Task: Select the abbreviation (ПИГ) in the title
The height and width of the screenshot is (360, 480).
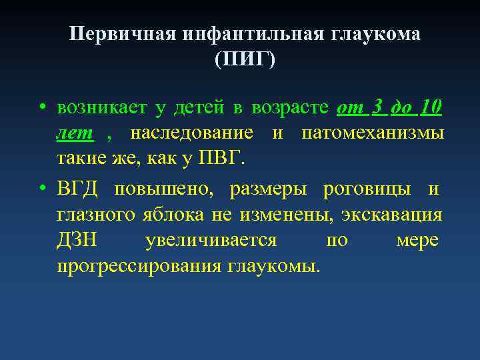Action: (245, 59)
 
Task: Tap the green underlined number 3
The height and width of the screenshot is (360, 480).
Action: (377, 107)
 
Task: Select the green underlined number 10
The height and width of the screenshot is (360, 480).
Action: (431, 107)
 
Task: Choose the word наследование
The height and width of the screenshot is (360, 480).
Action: (191, 133)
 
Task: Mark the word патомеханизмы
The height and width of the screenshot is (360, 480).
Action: (373, 133)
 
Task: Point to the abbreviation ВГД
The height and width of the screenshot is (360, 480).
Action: (77, 189)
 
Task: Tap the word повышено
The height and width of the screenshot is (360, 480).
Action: (164, 189)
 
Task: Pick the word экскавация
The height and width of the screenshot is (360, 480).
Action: (392, 215)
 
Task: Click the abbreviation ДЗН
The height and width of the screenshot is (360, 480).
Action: (77, 241)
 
